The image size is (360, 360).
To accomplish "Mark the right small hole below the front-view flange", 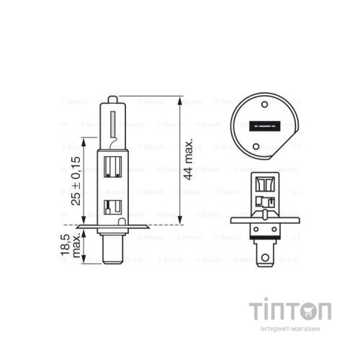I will pos(276,237).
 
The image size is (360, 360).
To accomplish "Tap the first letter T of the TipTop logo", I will pos(258,311).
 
